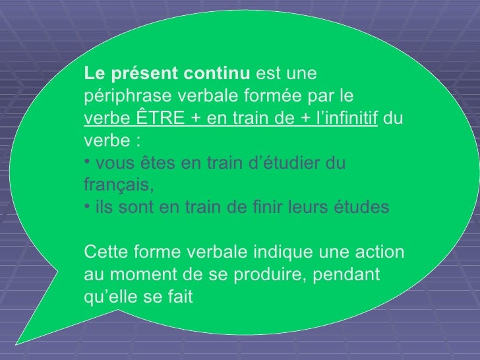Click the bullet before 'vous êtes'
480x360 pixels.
coord(88,160)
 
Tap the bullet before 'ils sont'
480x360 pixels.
coord(88,205)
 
